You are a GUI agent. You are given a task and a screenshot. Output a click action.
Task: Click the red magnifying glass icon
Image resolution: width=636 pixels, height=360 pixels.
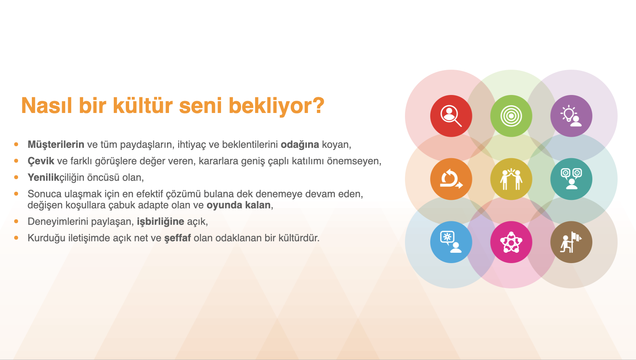point(451,116)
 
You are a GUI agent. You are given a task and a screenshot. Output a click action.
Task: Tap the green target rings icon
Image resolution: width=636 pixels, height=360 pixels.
point(511,116)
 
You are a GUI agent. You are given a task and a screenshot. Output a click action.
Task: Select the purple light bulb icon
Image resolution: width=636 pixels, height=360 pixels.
point(571,116)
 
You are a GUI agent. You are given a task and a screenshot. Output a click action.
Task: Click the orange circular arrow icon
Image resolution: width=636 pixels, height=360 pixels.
point(451,179)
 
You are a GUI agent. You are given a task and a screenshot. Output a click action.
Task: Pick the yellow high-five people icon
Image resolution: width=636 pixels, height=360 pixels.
point(511,179)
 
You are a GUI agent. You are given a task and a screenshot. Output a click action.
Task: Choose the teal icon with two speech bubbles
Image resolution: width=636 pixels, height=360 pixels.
point(571,179)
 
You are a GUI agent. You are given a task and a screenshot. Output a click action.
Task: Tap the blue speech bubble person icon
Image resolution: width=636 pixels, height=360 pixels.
point(451,242)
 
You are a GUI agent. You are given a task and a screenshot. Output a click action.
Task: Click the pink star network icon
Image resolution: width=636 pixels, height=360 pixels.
point(511,242)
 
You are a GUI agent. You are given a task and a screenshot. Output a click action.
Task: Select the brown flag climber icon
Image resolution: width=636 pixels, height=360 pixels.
point(571,242)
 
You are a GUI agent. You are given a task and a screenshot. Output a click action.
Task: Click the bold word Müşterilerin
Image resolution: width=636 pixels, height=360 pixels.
point(56,144)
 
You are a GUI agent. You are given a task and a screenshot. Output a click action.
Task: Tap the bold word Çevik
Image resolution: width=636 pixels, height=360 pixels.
point(41,161)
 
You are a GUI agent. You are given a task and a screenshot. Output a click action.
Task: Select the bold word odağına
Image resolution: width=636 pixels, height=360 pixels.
point(300,145)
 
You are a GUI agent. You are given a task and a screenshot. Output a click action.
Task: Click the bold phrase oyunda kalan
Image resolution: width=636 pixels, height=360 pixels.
point(238,205)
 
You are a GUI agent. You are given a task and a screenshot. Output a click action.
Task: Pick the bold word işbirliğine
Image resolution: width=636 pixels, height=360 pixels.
point(161,221)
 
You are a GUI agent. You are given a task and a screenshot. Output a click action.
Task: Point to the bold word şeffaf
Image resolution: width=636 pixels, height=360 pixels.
point(177,238)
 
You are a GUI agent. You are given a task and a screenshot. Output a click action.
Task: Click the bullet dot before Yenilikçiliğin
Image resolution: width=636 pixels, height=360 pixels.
point(16,177)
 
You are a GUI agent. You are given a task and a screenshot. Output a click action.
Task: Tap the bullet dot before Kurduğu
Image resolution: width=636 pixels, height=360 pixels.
point(16,237)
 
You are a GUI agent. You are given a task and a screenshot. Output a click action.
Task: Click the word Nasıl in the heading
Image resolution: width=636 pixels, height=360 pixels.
point(47,105)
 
